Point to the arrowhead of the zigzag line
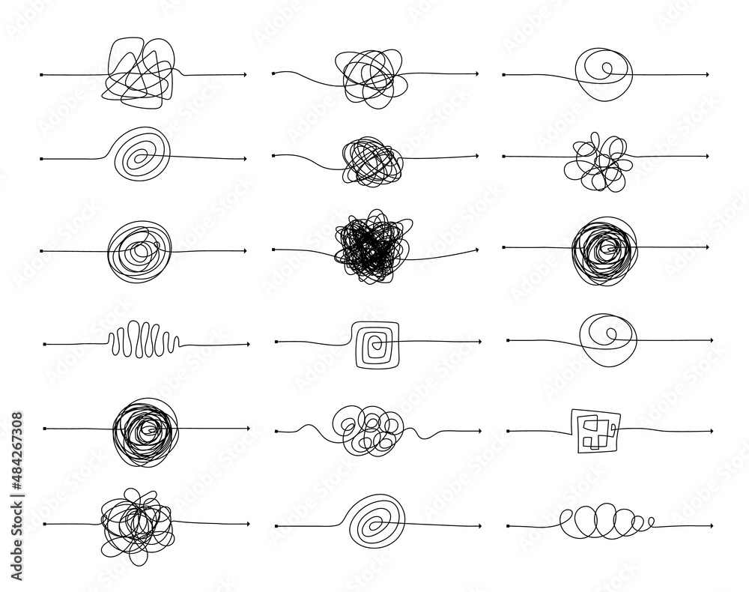[x=246, y=345]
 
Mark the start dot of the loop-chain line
[x=509, y=525]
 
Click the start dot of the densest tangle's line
[x=275, y=249]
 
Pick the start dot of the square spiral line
[x=277, y=342]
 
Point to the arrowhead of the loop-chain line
[x=709, y=525]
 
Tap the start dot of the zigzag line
[x=46, y=345]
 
